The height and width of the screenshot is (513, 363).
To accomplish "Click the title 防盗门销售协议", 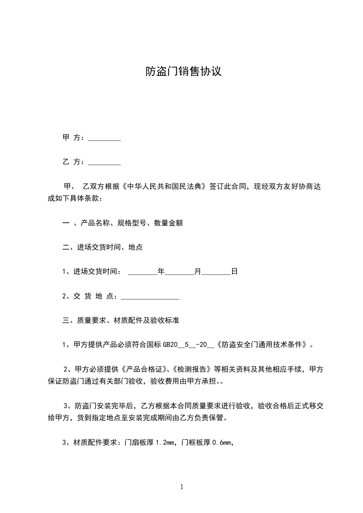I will [183, 72].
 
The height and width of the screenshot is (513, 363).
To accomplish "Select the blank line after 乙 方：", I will [104, 162].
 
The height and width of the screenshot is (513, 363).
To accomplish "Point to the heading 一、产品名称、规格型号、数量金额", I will [122, 224].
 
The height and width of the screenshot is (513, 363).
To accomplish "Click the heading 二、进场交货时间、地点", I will [102, 247].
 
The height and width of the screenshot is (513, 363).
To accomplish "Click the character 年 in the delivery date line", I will [161, 272].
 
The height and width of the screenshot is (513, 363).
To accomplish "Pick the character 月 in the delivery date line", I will [198, 272].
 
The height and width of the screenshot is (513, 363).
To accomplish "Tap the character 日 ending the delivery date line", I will [234, 272].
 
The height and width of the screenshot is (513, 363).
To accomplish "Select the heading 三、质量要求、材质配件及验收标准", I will [120, 321].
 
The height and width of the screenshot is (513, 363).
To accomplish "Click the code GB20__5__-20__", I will [188, 345].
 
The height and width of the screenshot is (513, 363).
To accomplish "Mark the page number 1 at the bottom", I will [182, 487].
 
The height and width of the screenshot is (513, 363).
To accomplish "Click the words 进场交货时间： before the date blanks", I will [98, 272].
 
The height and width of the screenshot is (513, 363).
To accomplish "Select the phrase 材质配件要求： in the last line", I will [98, 443].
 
